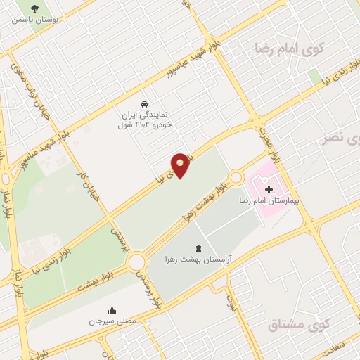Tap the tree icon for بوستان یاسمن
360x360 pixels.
35,8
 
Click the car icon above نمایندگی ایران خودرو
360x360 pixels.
144,101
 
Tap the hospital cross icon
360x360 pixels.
269,189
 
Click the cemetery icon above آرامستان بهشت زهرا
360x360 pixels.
198,247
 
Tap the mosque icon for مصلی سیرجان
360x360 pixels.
112,310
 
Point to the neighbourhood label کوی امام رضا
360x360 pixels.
289,50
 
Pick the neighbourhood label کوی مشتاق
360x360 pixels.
298,325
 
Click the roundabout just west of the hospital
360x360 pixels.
236,178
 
